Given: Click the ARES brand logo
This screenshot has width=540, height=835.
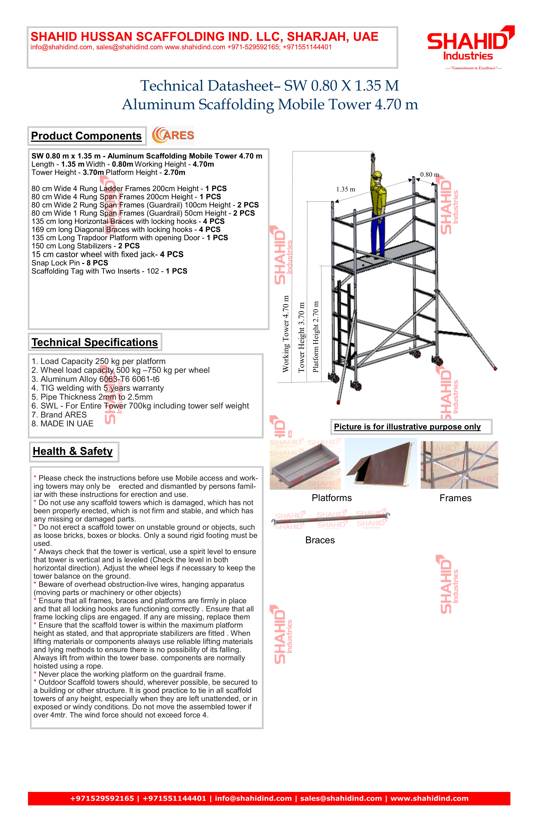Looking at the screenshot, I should pos(173,135).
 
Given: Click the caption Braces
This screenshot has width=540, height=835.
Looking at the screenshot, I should pos(320,540).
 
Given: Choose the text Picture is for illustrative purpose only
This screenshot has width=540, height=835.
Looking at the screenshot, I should pos(407,427).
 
